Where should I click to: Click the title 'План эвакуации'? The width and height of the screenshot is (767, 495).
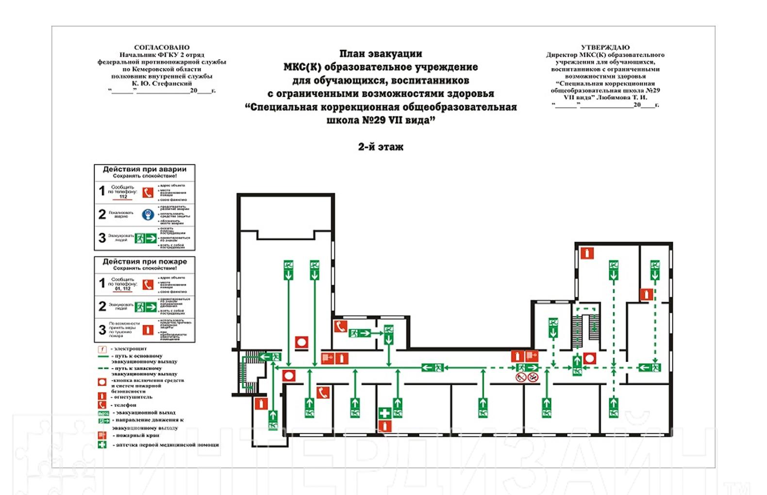(381, 54)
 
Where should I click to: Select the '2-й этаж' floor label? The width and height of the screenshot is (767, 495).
(381, 147)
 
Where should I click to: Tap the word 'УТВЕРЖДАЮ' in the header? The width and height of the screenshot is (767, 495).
(605, 47)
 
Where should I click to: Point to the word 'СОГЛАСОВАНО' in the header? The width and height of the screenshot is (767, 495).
(162, 47)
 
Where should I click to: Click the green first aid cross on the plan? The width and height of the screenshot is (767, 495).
(384, 413)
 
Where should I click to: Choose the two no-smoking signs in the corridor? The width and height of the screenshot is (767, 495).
(527, 377)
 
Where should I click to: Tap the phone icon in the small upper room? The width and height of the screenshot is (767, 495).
(340, 327)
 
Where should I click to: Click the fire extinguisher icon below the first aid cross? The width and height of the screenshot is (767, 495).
(384, 426)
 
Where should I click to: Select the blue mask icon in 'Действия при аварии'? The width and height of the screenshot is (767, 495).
(148, 214)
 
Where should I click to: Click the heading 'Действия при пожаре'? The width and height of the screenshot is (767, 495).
(144, 262)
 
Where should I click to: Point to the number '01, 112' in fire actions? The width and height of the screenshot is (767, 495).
(123, 289)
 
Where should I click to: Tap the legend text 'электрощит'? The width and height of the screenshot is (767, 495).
(130, 349)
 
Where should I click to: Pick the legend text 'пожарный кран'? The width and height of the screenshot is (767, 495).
(137, 435)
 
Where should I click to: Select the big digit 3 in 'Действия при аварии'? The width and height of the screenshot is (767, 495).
(102, 238)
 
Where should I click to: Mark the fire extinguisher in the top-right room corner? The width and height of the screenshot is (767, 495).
(587, 253)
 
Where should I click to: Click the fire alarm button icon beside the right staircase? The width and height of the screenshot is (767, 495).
(589, 359)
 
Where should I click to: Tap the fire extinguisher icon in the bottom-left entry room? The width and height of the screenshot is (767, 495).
(261, 404)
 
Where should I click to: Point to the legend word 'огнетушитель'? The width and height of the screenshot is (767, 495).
(132, 397)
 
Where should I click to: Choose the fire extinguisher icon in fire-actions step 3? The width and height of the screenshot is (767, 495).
(148, 330)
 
